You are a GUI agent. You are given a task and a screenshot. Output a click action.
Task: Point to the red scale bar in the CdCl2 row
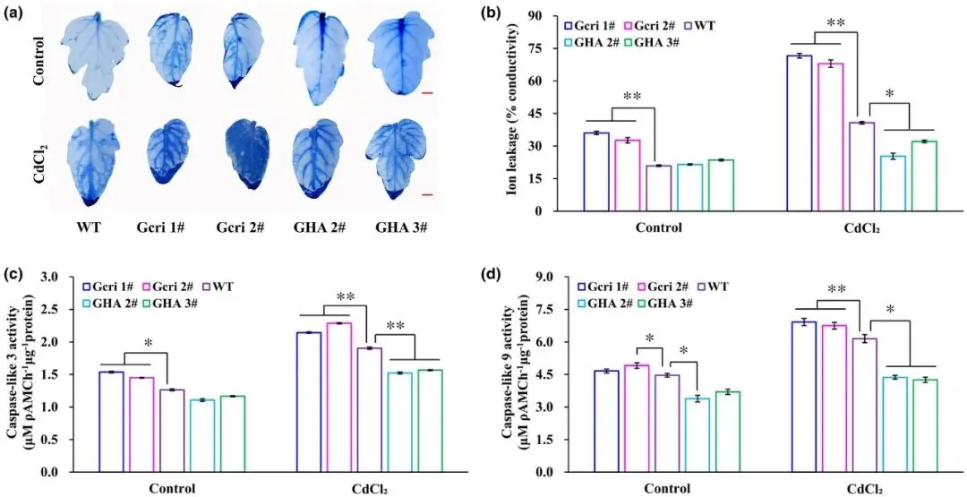point(428,193)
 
